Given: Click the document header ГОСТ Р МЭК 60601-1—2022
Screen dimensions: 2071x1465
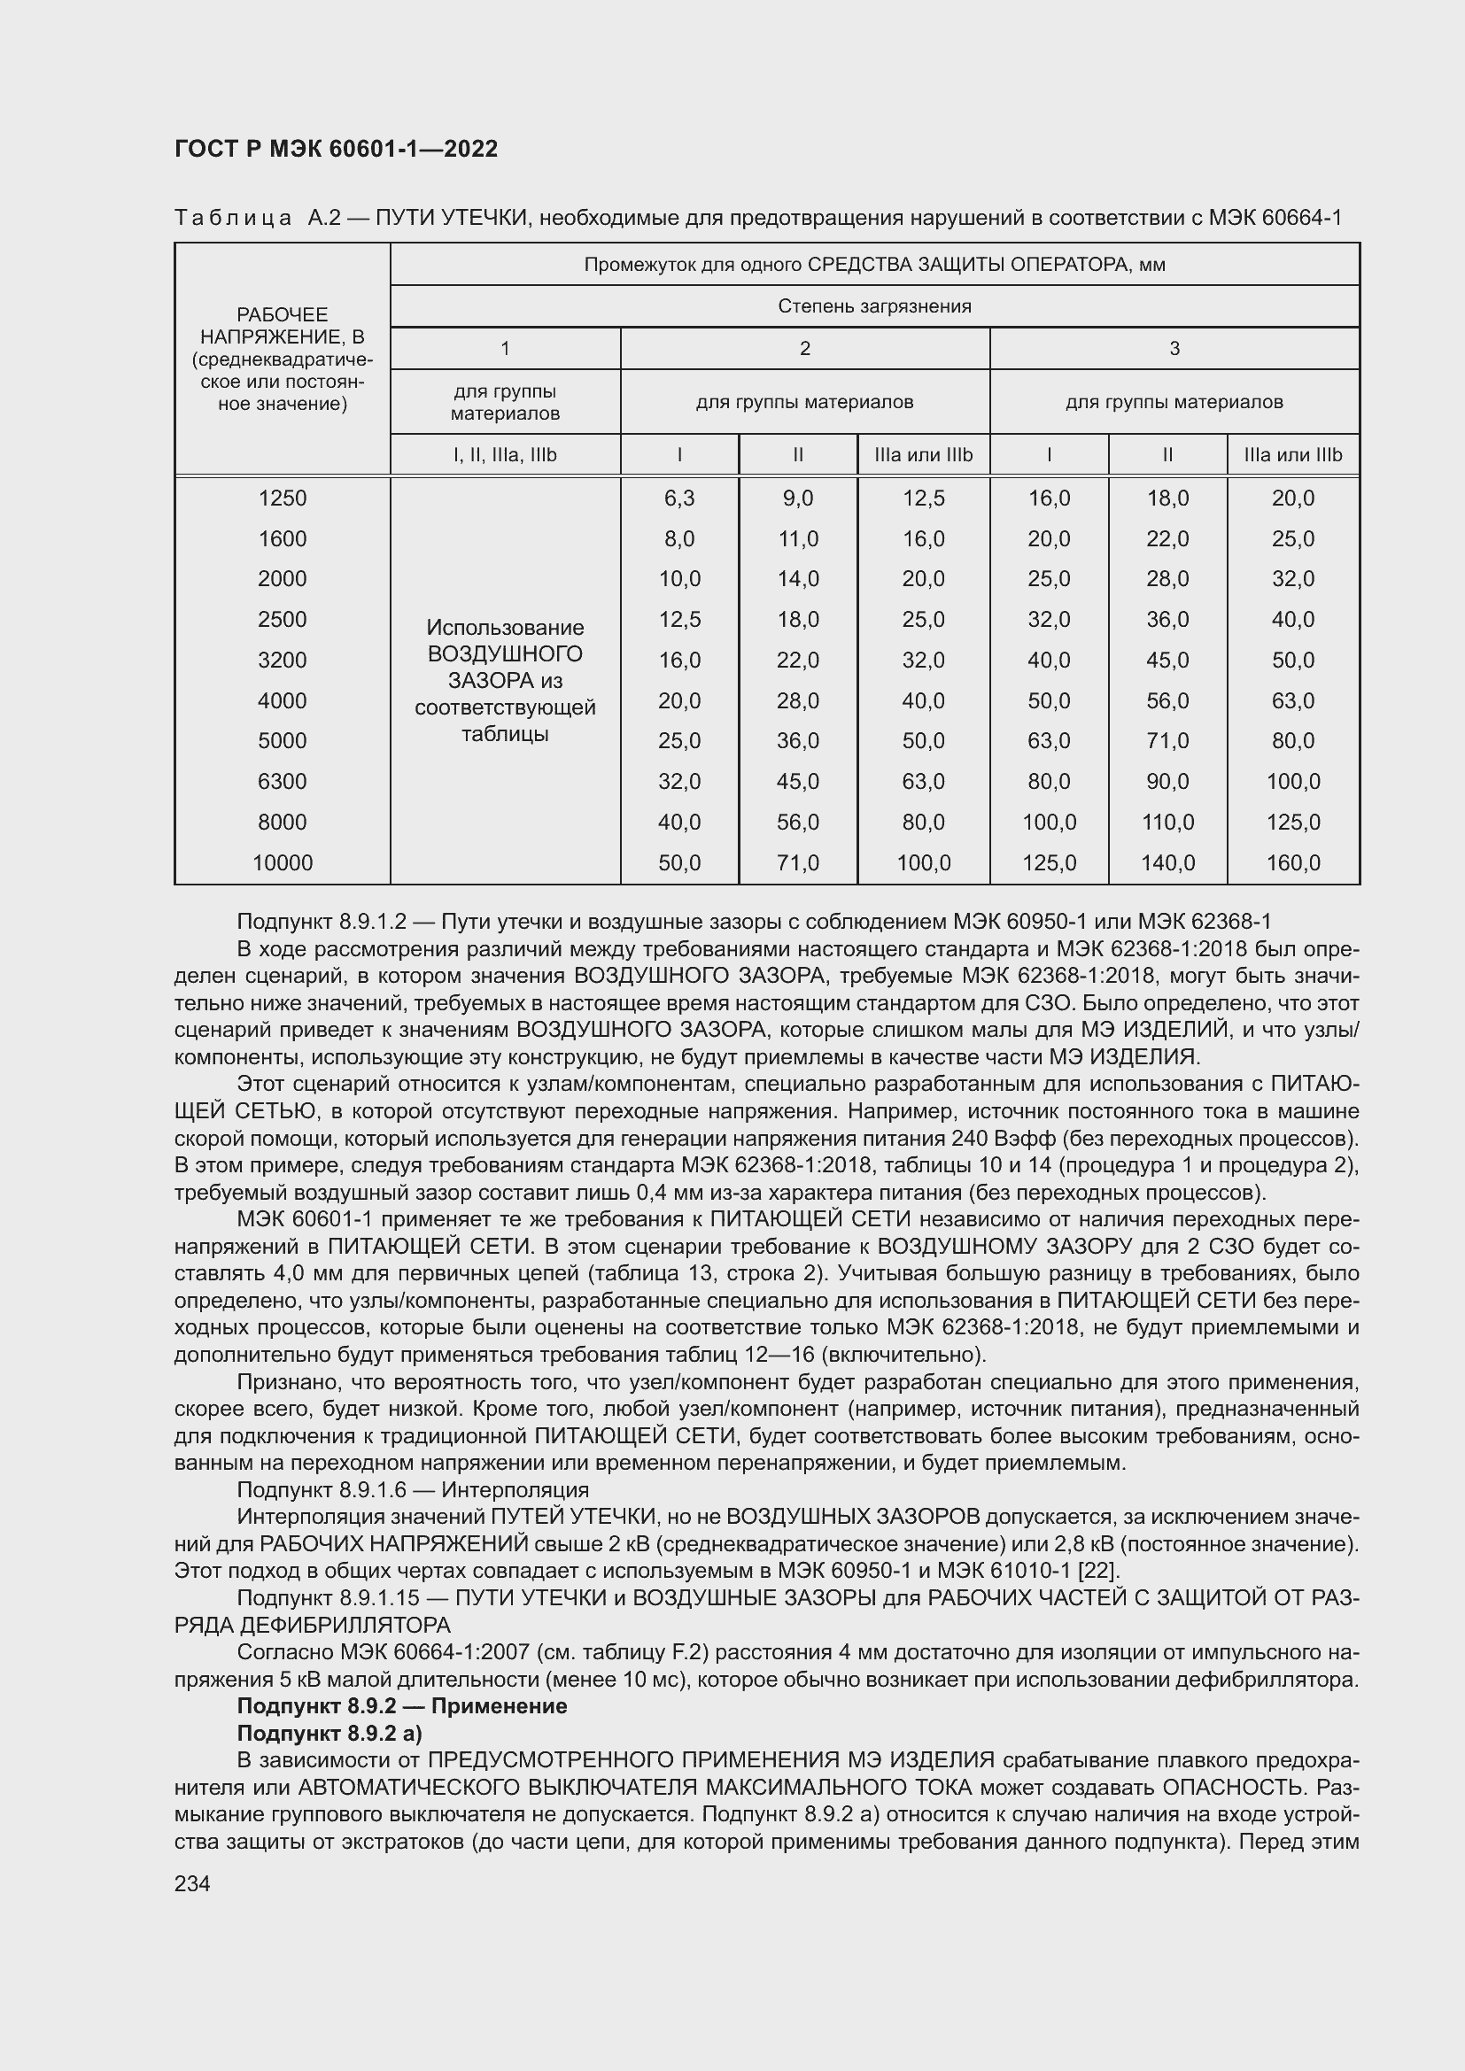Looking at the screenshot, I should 336,149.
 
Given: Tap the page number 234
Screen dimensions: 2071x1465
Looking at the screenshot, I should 192,1883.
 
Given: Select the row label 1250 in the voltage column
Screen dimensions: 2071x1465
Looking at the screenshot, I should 283,498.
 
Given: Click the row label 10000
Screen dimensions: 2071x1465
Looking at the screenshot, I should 283,863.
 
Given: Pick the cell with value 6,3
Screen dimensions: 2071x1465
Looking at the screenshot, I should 679,498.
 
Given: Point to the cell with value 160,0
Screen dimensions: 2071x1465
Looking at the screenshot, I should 1292,863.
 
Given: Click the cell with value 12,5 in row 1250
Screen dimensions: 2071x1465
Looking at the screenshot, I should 923,498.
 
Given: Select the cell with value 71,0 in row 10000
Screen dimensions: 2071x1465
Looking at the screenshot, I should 797,863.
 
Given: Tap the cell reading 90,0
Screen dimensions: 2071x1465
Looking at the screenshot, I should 1167,781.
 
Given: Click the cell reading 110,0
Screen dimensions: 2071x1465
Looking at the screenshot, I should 1167,822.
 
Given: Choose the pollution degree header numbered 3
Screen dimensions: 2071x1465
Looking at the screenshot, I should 1174,348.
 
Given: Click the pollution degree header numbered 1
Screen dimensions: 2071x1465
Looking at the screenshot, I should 505,348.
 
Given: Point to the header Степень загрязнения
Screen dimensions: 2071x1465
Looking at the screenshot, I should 874,305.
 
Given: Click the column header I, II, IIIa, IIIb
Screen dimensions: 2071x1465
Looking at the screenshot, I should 505,454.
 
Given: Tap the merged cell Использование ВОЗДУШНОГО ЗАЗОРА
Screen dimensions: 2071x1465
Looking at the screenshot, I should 505,680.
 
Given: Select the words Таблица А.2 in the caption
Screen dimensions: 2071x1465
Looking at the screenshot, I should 256,218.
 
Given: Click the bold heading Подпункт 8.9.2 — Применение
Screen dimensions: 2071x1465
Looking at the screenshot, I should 401,1705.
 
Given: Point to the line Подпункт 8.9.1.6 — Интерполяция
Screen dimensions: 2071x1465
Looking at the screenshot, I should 412,1489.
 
